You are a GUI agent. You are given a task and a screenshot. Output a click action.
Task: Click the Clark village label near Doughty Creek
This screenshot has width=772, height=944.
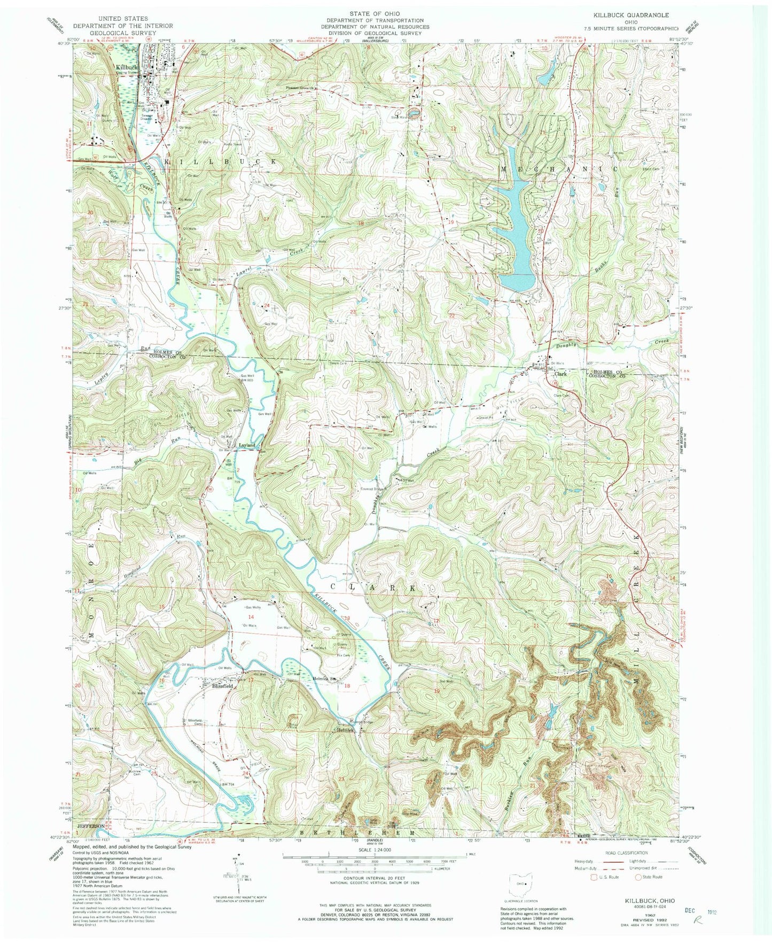(x=560, y=374)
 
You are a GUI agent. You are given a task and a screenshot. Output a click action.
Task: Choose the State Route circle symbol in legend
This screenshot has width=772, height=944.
(x=637, y=877)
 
